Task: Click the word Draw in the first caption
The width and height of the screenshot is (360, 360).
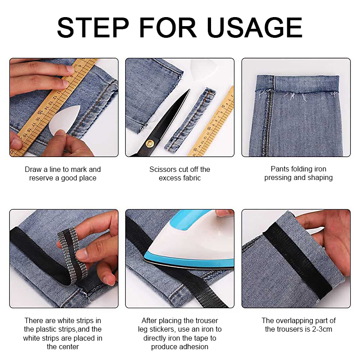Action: point(33,170)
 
